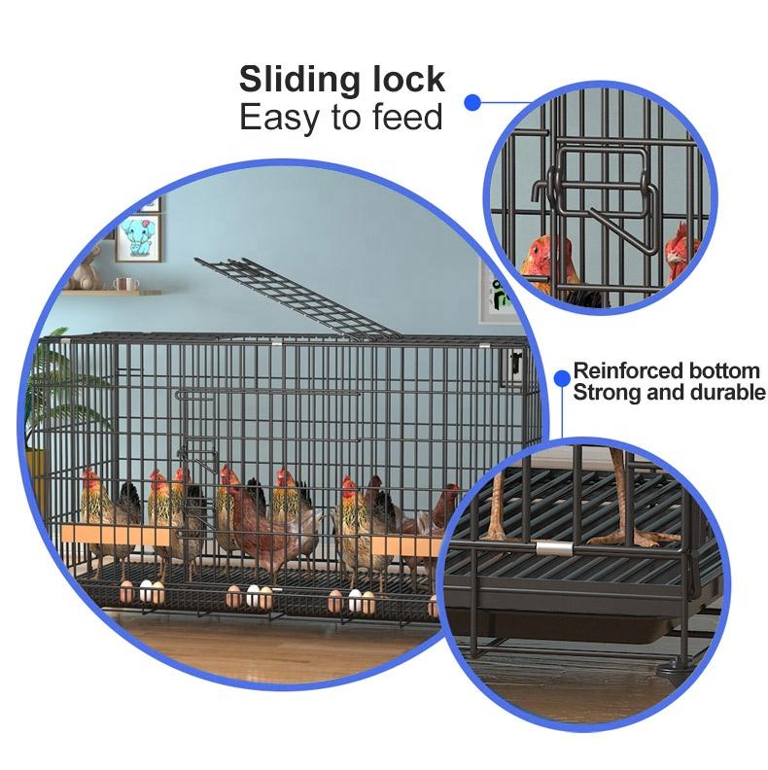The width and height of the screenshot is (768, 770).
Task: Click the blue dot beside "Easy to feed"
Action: click(x=472, y=100)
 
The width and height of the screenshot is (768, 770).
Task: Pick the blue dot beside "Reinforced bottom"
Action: click(x=561, y=374)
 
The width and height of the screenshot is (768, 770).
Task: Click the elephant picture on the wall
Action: click(x=136, y=236)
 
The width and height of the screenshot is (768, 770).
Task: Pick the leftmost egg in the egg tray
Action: click(x=127, y=588)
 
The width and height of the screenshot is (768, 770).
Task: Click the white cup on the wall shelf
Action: click(x=126, y=284)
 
